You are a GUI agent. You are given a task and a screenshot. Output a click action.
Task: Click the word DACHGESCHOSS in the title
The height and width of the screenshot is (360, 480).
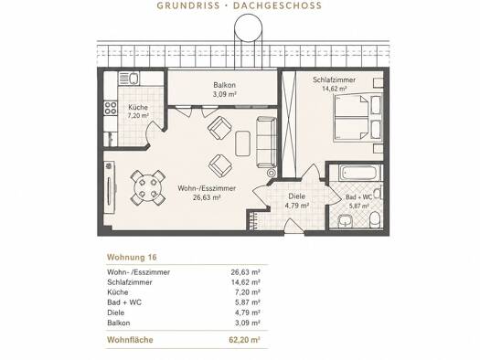(278, 5)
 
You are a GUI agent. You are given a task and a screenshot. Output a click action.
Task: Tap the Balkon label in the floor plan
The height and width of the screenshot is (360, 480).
(225, 85)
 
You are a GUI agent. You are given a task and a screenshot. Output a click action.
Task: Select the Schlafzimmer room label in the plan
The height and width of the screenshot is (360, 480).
(334, 79)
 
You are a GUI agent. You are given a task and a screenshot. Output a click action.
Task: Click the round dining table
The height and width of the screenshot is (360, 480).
(148, 187)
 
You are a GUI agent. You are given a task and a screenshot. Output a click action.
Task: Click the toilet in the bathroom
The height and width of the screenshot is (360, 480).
(375, 220)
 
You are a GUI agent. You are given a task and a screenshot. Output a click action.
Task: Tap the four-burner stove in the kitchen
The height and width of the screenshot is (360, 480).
(111, 108)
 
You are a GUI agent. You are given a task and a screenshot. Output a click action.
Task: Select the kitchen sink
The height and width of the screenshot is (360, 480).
(129, 79)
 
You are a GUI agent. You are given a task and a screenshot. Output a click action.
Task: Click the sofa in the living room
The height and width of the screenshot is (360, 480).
(266, 143)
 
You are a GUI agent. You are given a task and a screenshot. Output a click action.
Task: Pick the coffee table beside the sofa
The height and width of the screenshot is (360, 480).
(243, 143)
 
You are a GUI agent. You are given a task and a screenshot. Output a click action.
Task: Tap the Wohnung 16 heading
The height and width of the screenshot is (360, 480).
(132, 258)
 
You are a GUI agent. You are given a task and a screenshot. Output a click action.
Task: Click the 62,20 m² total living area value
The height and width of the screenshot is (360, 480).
(245, 340)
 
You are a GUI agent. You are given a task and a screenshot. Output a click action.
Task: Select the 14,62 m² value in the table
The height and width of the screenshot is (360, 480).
(246, 282)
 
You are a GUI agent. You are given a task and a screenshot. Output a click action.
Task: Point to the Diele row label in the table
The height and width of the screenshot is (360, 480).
(116, 312)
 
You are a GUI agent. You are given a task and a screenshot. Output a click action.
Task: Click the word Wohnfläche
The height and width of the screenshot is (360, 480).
(130, 340)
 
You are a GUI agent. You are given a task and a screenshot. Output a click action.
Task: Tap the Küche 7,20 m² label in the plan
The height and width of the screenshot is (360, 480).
(138, 111)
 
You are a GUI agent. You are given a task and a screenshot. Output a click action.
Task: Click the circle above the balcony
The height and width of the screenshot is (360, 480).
(249, 28)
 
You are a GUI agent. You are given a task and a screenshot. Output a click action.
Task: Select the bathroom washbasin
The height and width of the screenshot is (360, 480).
(346, 220)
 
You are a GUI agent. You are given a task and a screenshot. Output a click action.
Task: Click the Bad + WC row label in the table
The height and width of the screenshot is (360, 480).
(124, 302)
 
